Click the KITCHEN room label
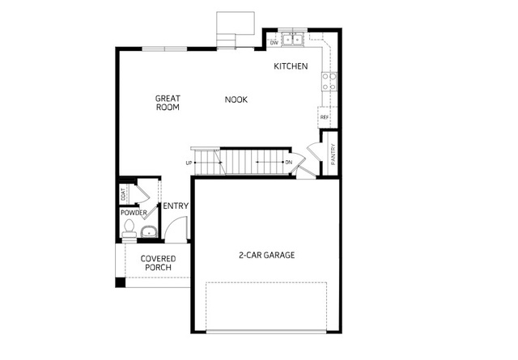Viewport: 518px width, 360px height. click(291, 66)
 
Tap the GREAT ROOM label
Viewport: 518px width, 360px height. click(168, 103)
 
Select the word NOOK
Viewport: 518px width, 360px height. click(236, 100)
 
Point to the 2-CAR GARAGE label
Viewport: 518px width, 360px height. click(266, 255)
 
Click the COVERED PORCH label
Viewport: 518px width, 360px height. click(159, 263)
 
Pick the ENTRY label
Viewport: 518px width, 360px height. click(176, 206)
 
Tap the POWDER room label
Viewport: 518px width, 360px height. click(134, 213)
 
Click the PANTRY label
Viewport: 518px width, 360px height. click(333, 154)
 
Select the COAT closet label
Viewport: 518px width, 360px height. click(123, 194)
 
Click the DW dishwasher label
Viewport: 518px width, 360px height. click(274, 43)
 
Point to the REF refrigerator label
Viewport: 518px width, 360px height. click(325, 117)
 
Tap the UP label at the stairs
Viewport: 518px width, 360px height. click(189, 163)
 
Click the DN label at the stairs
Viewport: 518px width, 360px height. click(289, 163)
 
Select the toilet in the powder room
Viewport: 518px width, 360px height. click(129, 229)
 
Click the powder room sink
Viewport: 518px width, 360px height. click(149, 231)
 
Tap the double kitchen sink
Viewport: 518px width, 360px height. click(293, 40)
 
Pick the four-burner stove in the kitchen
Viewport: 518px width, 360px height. click(329, 82)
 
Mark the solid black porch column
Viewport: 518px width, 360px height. click(120, 282)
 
